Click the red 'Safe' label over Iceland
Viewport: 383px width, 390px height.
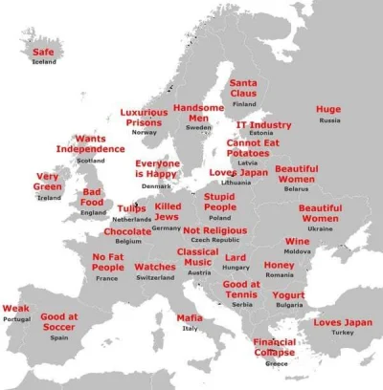click(43, 53)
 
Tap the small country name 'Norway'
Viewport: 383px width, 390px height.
click(144, 132)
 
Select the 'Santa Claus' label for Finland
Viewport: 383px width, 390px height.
click(244, 90)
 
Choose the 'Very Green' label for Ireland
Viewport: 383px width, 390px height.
click(49, 182)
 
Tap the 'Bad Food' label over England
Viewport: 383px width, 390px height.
click(92, 197)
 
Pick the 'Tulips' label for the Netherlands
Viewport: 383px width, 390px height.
click(132, 208)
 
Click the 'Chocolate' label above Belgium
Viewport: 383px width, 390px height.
click(127, 231)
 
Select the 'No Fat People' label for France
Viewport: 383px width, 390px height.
click(107, 262)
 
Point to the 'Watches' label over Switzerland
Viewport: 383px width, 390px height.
click(155, 267)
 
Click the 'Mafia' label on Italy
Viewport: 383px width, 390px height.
click(190, 317)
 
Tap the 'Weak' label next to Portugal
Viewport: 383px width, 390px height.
click(16, 309)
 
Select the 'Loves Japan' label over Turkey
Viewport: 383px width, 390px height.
click(342, 322)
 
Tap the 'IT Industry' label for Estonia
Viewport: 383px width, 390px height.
click(264, 125)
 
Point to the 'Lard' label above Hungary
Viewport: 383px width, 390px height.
click(236, 258)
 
